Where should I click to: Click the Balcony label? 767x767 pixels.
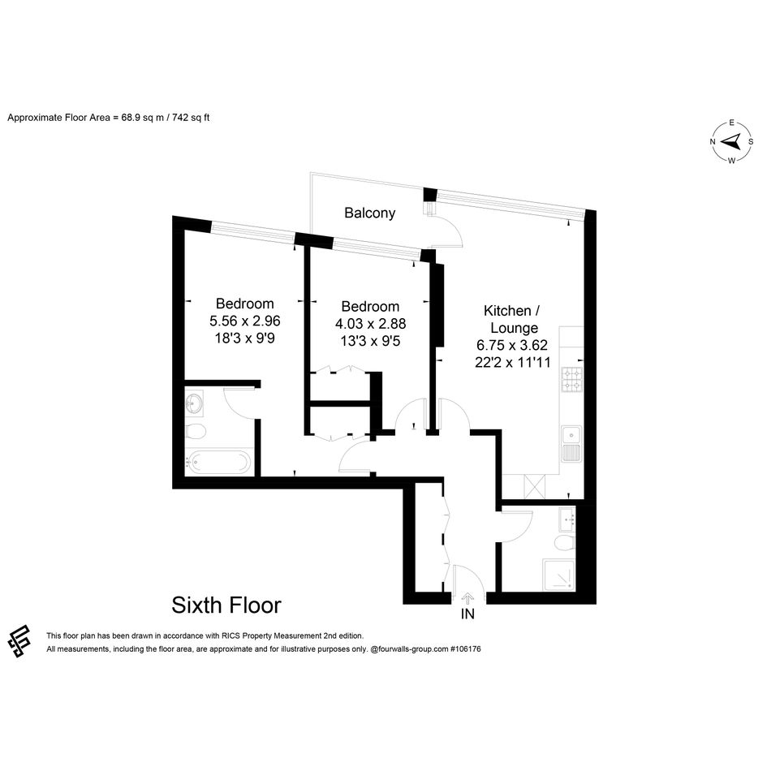[369, 213]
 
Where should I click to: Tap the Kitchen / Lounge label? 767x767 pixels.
[511, 319]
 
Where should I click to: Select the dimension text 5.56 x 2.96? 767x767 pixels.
[244, 321]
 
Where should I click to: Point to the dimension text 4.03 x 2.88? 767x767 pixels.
[370, 324]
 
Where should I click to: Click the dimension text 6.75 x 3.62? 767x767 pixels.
[512, 345]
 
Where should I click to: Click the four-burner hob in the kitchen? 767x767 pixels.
[571, 380]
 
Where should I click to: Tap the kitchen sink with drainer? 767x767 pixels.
[571, 444]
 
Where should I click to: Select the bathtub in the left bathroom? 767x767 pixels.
[218, 461]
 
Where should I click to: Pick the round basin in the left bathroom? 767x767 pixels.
[194, 405]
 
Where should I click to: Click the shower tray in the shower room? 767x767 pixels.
[558, 575]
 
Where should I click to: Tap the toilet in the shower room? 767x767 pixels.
[565, 542]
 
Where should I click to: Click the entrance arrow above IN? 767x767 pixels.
[468, 597]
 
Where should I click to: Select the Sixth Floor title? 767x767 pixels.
[226, 605]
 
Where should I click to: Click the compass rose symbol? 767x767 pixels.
[732, 142]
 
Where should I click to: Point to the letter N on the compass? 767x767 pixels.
[713, 142]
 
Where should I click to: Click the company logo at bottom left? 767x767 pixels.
[19, 641]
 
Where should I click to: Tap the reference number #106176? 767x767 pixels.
[465, 649]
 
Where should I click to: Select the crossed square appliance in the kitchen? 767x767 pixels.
[534, 486]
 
